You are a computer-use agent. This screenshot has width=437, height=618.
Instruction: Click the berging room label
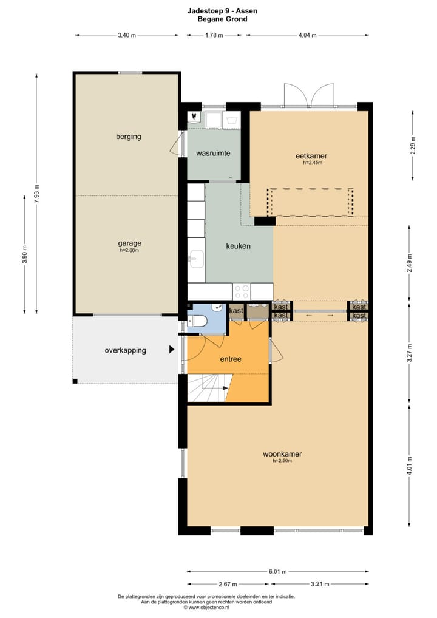tap(129, 137)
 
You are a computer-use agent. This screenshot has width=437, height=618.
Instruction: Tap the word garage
tap(130, 243)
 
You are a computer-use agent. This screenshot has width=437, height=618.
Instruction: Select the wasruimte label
tap(213, 153)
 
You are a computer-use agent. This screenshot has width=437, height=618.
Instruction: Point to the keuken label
tap(239, 246)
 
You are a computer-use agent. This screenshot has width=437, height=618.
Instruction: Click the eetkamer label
tap(311, 156)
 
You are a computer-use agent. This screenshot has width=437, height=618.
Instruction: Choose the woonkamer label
tap(283, 454)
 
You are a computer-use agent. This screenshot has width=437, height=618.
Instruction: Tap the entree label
tap(231, 359)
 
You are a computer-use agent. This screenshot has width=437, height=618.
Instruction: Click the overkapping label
tap(125, 350)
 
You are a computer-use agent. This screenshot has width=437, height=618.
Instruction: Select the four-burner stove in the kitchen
tap(242, 291)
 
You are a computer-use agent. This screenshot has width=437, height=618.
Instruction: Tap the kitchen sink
tap(196, 260)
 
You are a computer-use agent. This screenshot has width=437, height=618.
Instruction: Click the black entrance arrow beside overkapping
tap(172, 349)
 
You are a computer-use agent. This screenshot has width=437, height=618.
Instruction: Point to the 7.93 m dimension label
tap(36, 194)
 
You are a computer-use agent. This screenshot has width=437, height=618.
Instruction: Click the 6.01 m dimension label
tap(278, 571)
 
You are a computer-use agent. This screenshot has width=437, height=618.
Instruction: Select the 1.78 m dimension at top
tap(214, 35)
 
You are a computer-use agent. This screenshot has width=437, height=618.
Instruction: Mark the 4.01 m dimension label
tap(410, 466)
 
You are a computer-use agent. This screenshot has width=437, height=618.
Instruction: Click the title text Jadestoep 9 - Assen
tap(223, 11)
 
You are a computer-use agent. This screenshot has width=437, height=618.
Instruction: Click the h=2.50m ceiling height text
tap(283, 460)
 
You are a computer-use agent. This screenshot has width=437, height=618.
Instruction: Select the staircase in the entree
tap(209, 388)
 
